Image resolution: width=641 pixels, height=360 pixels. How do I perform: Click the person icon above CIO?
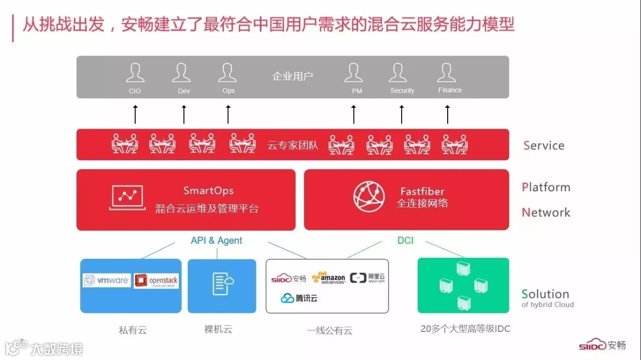[x=135, y=73]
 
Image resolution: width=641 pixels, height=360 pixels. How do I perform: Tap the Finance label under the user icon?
[x=450, y=90]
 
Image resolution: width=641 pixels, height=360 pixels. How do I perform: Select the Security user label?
[x=402, y=91]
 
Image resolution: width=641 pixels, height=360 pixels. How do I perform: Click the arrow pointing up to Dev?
[x=184, y=114]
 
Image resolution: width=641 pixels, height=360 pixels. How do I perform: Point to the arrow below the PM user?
[x=354, y=114]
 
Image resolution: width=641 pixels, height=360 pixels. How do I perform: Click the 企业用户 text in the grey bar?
[x=292, y=76]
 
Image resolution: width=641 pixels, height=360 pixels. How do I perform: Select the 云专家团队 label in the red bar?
[x=293, y=146]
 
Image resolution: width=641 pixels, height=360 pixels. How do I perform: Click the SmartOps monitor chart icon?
[x=127, y=197]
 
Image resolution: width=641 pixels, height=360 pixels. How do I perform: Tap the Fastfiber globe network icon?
[x=369, y=197]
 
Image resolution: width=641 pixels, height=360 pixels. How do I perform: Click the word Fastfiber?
[x=422, y=191]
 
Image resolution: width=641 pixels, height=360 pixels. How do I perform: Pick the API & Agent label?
[x=216, y=241]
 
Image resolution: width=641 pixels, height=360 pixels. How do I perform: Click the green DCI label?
[x=405, y=240]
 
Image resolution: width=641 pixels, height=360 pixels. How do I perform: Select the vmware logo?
[x=107, y=280]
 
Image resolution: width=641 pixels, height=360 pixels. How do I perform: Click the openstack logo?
[x=156, y=281]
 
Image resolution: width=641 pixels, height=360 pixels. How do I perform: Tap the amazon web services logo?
[x=329, y=278]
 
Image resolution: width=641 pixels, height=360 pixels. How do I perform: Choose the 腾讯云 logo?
[x=299, y=298]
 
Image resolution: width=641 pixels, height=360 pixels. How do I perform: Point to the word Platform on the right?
[x=546, y=187]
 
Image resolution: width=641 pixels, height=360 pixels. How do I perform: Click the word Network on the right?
[x=546, y=212]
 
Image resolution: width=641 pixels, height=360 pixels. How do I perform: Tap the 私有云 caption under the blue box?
[x=133, y=330]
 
